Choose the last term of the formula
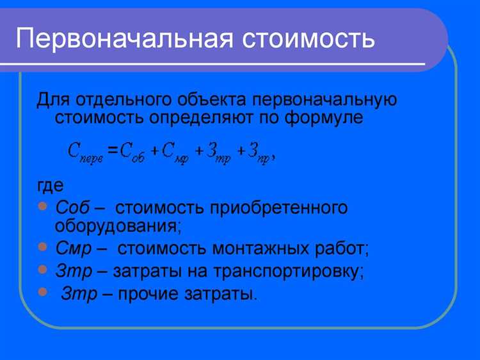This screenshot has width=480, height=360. click(x=261, y=152)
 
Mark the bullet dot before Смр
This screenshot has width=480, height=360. click(x=42, y=246)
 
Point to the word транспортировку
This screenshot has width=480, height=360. click(x=294, y=270)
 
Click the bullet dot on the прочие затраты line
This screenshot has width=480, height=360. click(x=42, y=292)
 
